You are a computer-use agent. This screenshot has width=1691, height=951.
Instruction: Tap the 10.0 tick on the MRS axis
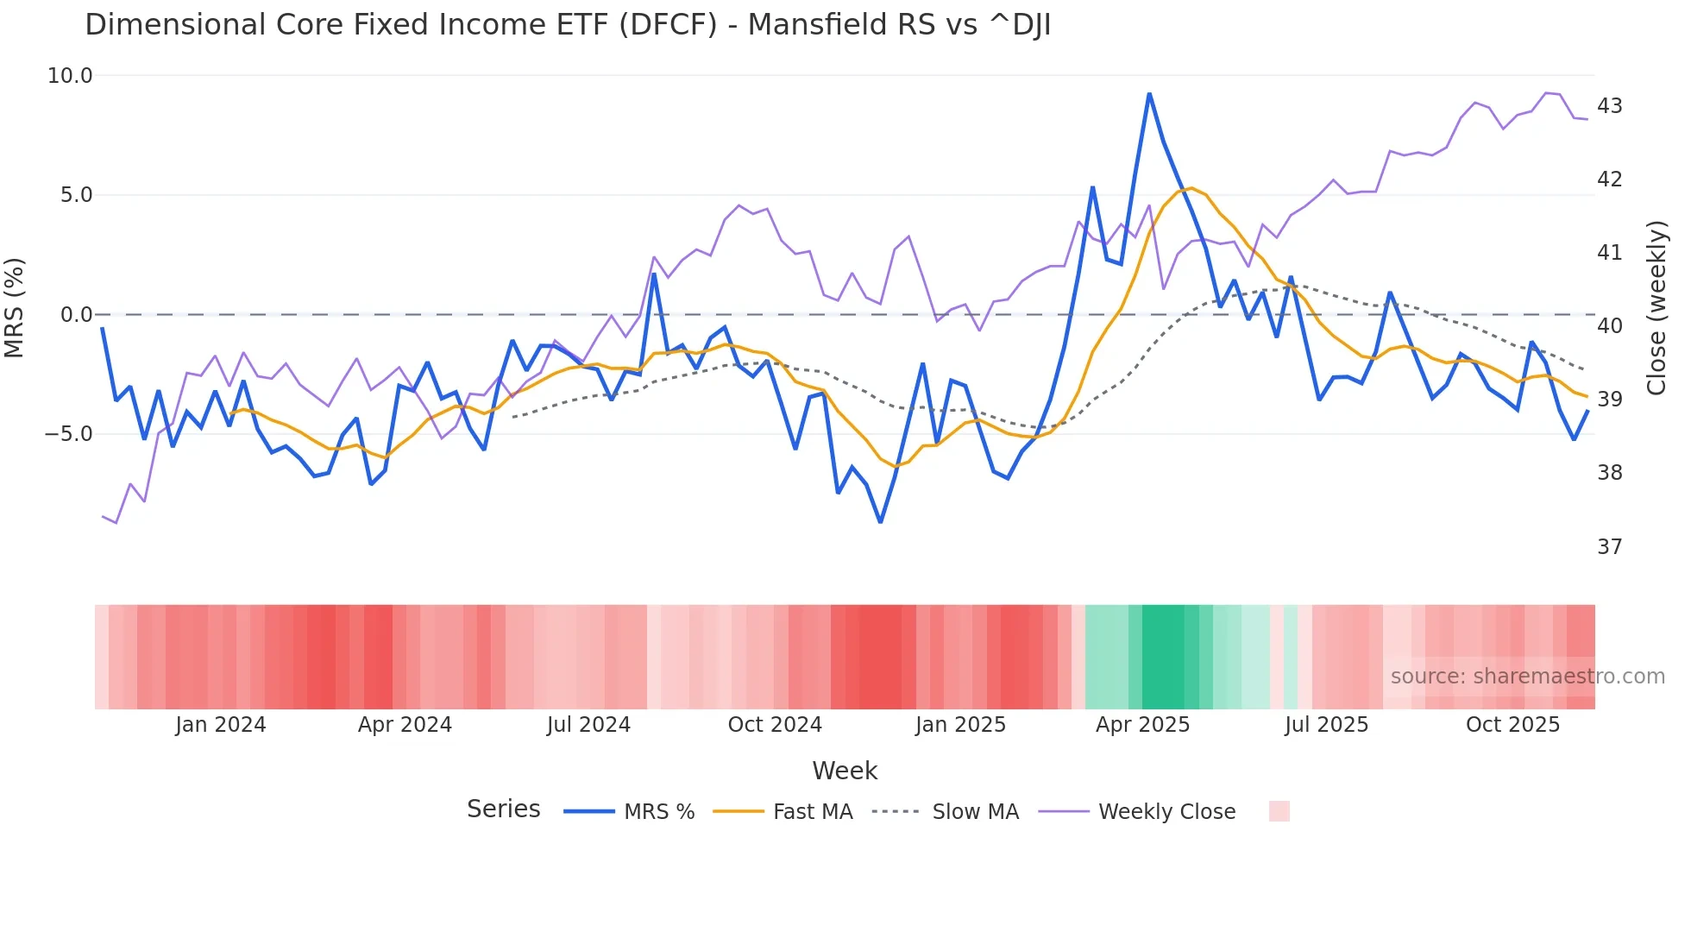[x=70, y=76]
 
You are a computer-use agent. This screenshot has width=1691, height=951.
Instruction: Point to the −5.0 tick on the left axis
[x=68, y=434]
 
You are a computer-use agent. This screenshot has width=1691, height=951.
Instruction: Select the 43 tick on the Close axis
[x=1610, y=106]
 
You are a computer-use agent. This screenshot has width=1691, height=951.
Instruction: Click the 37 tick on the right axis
[x=1610, y=547]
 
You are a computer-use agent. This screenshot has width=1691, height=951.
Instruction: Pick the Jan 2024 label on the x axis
[x=220, y=725]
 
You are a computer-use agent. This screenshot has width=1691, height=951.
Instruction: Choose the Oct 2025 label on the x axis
[x=1512, y=725]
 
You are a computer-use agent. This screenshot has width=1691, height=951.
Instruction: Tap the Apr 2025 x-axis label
[x=1142, y=725]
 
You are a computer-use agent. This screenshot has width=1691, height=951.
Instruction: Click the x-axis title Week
[x=845, y=771]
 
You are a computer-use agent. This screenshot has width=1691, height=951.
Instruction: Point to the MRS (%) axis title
[x=15, y=307]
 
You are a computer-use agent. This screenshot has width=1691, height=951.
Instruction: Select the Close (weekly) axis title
[x=1656, y=308]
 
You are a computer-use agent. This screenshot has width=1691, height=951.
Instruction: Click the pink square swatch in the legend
[x=1279, y=811]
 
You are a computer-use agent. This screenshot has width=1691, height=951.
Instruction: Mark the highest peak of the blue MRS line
[x=1149, y=93]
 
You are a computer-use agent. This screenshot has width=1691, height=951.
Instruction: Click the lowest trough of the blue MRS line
[x=880, y=522]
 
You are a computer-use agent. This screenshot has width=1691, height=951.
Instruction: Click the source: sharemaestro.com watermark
[x=1527, y=677]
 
